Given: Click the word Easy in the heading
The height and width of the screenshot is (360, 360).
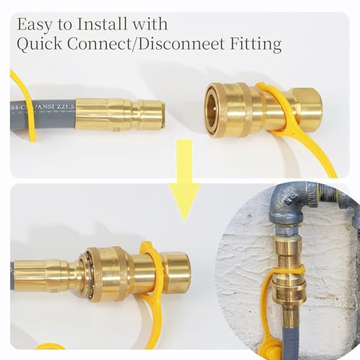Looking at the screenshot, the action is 34,25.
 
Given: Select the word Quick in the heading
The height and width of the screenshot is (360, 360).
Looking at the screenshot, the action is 39,44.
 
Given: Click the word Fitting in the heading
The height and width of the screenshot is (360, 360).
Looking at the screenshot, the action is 256,44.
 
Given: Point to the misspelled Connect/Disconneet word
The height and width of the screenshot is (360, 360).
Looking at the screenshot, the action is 146,44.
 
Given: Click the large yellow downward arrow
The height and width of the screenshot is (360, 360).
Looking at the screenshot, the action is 184,180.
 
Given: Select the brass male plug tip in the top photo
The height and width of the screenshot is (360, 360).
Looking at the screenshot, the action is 148,114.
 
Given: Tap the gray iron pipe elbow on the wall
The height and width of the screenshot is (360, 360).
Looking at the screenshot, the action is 288,208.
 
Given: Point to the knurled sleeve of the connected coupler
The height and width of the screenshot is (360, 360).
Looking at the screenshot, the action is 109,274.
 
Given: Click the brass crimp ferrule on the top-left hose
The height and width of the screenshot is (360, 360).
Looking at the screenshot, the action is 91,114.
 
